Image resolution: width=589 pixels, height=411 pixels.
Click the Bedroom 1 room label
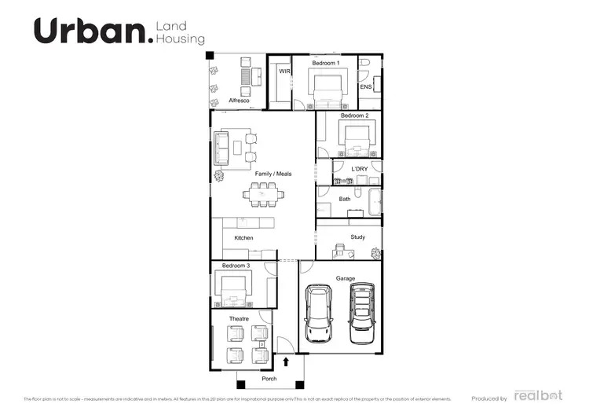pyautogui.click(x=326, y=62)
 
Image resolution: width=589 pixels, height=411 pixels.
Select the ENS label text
pyautogui.click(x=366, y=87)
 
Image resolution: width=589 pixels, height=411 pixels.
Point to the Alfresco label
pyautogui.click(x=239, y=101)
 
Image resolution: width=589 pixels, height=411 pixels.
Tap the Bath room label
pyautogui.click(x=345, y=200)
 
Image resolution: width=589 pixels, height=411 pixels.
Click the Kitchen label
pyautogui.click(x=243, y=237)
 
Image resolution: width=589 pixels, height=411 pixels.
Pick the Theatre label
pyautogui.click(x=239, y=318)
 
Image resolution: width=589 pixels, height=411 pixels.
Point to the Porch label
pyautogui.click(x=269, y=379)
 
